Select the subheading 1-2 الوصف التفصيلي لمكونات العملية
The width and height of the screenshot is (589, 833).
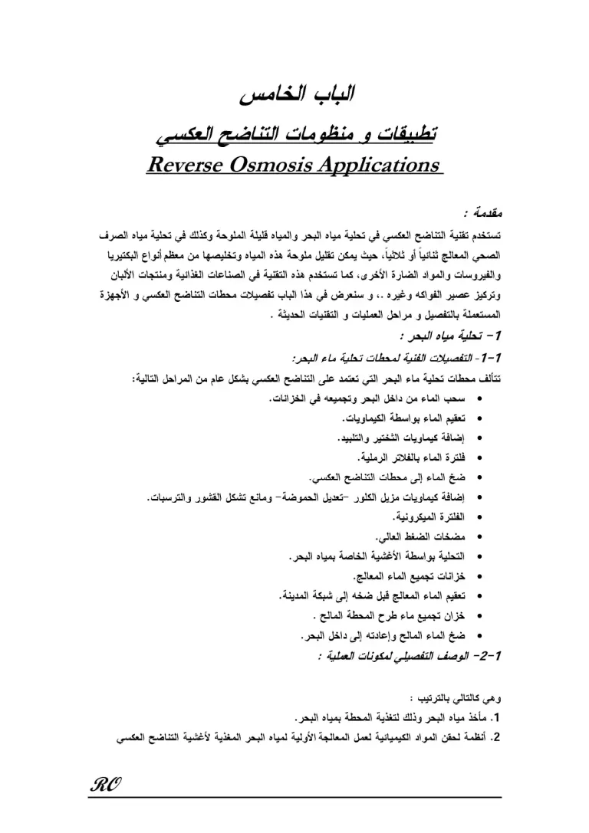click(407, 656)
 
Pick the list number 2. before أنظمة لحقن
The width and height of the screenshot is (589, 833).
click(495, 740)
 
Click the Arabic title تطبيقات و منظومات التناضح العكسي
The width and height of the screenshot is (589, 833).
click(294, 135)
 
